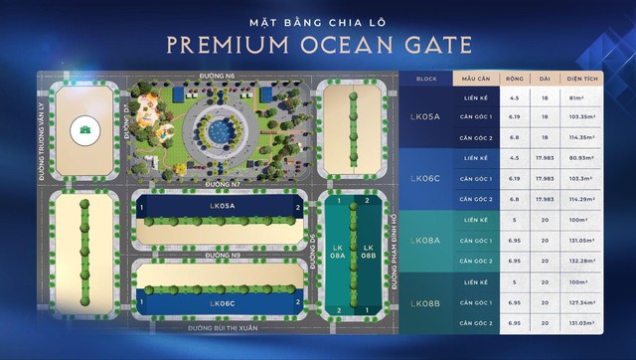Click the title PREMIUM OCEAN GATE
318,45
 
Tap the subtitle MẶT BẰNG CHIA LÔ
317,19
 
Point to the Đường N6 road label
218,76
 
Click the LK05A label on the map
221,207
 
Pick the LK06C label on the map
221,302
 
